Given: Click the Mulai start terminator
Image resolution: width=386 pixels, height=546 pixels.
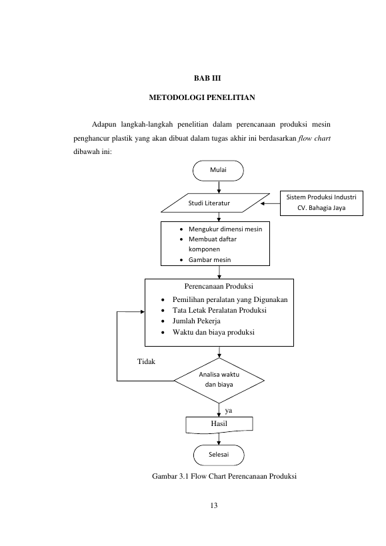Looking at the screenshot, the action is tap(218, 171).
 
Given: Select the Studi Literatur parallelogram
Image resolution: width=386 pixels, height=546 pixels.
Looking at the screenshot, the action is tap(215, 203).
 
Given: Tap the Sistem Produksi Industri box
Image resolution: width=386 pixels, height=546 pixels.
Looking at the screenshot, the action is tap(321, 203).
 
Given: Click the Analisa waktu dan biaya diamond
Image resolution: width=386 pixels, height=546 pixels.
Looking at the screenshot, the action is tap(219, 380).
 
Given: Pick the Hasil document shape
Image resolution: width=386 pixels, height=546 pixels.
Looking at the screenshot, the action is tap(219, 425).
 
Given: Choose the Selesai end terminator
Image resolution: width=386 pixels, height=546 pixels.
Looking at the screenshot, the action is tap(219, 455).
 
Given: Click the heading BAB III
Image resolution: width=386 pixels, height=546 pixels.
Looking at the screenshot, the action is tap(207, 78).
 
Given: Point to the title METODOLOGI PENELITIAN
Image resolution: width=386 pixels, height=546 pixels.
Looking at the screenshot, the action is tap(202, 97).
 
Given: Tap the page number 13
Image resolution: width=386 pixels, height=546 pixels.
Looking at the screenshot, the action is tap(214, 505).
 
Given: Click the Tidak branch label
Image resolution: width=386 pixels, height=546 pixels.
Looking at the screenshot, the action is tap(146, 361).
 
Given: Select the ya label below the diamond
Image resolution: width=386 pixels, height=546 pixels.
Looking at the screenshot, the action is tap(228, 411).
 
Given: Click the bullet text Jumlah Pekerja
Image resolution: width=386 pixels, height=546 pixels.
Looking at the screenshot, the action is tap(196, 321).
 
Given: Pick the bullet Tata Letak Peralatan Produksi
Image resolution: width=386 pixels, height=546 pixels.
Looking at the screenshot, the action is tap(219, 310).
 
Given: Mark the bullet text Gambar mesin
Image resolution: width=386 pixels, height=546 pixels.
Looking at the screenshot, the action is tap(209, 260).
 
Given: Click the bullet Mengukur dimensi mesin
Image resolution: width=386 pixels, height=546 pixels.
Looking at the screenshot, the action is tap(225, 229).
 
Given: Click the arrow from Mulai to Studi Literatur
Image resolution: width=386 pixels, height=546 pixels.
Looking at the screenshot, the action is tap(219, 187).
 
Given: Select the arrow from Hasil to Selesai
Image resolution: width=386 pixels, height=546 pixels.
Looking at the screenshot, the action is tap(219, 439).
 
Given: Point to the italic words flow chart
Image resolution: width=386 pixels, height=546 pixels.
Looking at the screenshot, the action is tap(314, 138).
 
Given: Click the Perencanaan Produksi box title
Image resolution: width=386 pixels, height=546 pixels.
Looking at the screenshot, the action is tap(219, 286).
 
